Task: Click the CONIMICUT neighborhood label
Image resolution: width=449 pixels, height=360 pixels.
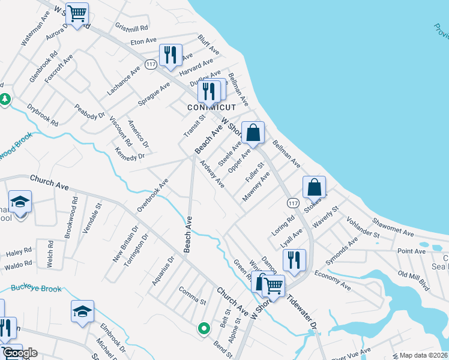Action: click(211, 107)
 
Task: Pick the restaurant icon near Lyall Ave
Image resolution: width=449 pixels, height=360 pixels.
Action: click(294, 260)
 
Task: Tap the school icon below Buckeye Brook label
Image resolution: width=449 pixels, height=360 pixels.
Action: click(82, 311)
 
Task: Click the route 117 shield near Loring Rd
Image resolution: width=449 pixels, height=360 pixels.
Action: click(292, 203)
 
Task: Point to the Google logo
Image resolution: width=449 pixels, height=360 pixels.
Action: click(19, 353)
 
